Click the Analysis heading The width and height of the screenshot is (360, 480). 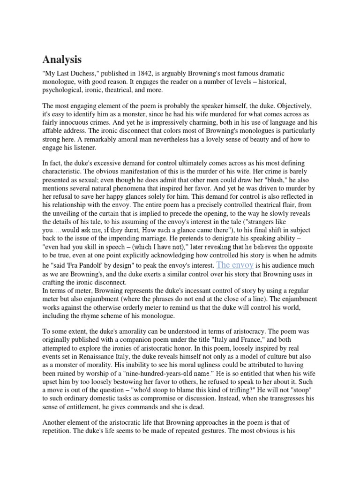coord(62,60)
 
